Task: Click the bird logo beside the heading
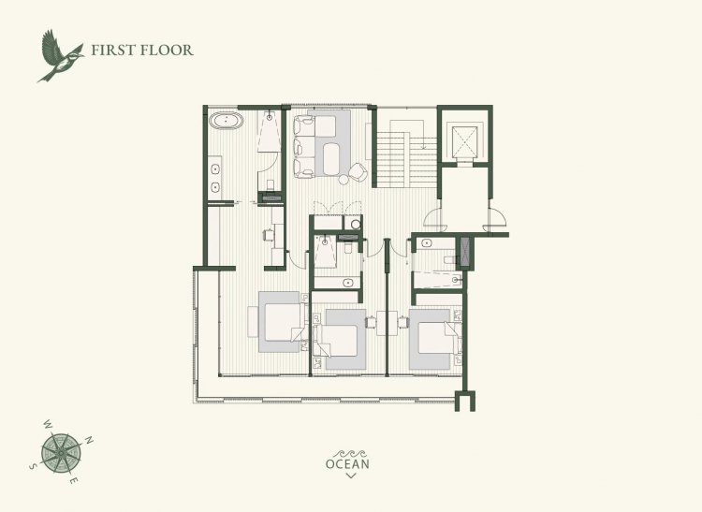tap(60, 56)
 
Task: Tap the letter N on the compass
tap(89, 440)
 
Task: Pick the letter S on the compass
tap(32, 466)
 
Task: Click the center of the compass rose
tap(61, 453)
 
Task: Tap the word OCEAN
tap(348, 464)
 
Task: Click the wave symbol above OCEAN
tap(350, 453)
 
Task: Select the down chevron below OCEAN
tap(351, 475)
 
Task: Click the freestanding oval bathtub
tap(227, 121)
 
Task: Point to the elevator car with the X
tap(464, 141)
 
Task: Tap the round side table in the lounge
tap(344, 179)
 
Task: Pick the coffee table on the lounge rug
tap(332, 159)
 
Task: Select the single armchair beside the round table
tap(358, 172)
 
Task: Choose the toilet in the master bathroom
tap(270, 184)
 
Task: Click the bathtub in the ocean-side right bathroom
tap(437, 280)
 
